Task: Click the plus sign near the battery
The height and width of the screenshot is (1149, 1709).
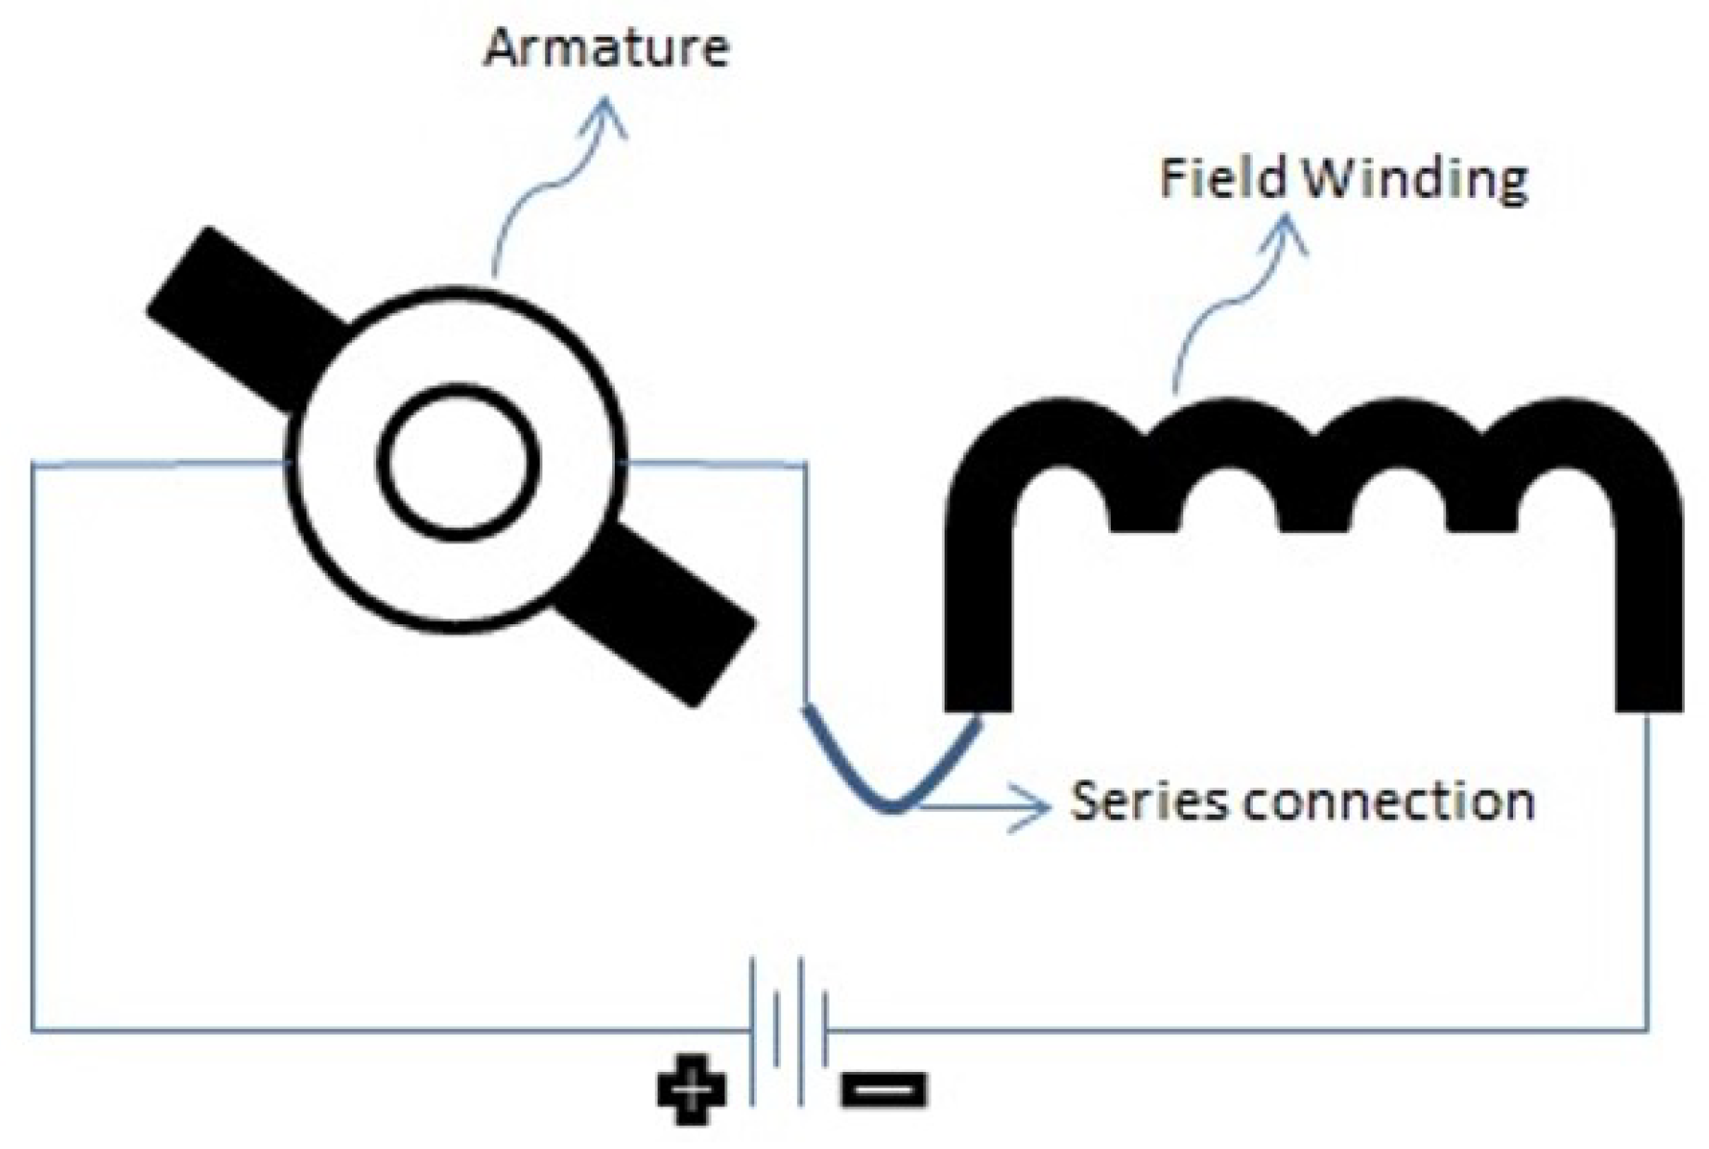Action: point(692,1090)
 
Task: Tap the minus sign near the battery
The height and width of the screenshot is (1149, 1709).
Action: point(883,1089)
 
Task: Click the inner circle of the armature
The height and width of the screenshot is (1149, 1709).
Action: point(458,462)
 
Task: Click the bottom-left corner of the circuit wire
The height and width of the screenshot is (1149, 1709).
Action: point(33,1029)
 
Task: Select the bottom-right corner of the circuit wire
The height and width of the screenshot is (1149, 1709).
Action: point(1648,1029)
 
